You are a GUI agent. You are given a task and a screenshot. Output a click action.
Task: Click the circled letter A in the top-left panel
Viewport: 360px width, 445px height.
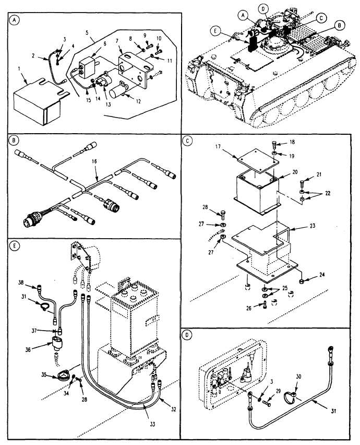coord(15,20)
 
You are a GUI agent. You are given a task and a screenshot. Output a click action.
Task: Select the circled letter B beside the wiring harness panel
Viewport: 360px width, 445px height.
coord(14,140)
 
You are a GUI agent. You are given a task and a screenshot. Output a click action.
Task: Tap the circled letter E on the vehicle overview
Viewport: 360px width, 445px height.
coord(215,31)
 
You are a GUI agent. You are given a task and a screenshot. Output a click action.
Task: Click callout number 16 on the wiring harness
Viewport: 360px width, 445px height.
coord(94,161)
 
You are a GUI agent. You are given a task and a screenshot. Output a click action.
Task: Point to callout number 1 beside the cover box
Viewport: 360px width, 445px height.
coord(19,69)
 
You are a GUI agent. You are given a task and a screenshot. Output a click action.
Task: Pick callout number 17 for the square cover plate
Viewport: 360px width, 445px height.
coord(218,147)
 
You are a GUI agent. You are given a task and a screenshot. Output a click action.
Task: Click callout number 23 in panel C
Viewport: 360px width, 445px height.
coord(313,226)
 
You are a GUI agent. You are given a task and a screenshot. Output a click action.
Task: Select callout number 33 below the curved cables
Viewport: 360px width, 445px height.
coord(152,424)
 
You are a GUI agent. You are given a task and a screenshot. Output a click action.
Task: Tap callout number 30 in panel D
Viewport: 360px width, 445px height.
coord(298,377)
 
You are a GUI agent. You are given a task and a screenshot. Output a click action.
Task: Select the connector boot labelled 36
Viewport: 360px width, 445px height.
coord(57,343)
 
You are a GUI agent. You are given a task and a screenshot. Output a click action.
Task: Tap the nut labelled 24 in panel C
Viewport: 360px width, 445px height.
coord(302,282)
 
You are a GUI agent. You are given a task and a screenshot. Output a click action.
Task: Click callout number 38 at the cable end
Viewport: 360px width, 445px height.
coord(21,283)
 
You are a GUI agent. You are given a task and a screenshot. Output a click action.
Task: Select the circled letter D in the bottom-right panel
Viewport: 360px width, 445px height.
coord(186,335)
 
